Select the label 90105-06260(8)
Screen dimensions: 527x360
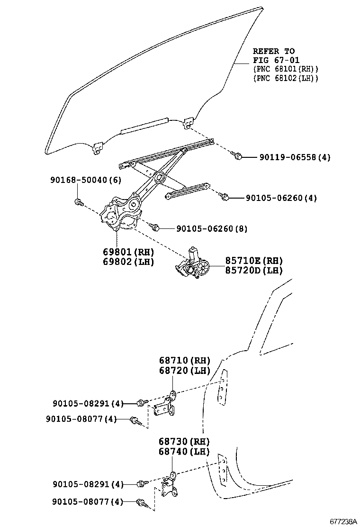205,229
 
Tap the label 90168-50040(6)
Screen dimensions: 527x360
86,180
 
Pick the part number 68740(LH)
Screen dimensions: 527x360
184,452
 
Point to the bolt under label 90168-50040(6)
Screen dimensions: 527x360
79,202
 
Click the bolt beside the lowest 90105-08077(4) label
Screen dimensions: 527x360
141,502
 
